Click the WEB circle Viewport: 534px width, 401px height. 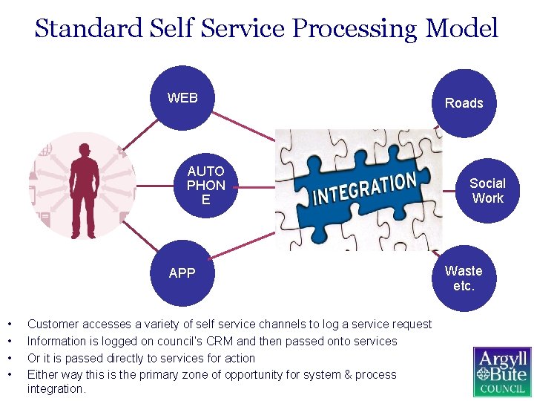click(182, 99)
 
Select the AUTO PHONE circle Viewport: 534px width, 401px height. click(205, 186)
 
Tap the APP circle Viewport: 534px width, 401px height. click(182, 273)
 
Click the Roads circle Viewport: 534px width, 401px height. click(464, 103)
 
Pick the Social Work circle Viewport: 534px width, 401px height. click(487, 191)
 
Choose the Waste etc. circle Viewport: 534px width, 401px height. click(464, 278)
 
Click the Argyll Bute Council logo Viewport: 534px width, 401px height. click(502, 372)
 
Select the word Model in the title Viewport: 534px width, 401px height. click(461, 29)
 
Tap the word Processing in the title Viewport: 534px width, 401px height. click(355, 29)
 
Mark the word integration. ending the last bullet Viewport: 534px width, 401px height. click(56, 389)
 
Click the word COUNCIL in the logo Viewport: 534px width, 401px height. click(502, 389)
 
